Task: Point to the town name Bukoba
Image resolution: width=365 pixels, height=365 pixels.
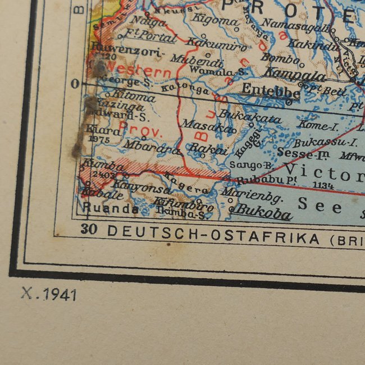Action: [x=263, y=214]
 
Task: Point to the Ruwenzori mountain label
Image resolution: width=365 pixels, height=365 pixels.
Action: [x=126, y=49]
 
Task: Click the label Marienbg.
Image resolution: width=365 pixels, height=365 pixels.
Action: [x=253, y=197]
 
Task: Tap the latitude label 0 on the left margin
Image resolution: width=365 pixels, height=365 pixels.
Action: [x=74, y=84]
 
